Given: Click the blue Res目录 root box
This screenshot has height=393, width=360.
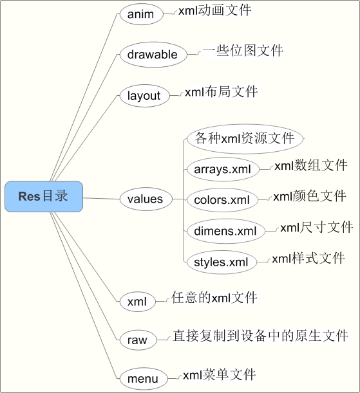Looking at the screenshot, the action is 44,197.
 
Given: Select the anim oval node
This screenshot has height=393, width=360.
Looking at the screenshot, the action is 141,14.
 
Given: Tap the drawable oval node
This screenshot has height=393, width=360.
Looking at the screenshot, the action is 153,55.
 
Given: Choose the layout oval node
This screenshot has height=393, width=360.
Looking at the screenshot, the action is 144,96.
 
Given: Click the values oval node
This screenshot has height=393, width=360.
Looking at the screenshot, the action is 146,199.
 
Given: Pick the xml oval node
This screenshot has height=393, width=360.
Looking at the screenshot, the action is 137,301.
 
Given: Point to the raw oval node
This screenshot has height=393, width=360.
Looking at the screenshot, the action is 138,340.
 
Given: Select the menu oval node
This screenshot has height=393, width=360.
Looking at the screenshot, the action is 143,378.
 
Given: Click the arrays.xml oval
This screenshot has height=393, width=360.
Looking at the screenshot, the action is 223,169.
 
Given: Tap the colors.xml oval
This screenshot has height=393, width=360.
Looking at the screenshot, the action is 222,200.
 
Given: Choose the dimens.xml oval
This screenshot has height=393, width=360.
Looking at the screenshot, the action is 226,231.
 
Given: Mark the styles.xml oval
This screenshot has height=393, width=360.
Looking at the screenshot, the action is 222,262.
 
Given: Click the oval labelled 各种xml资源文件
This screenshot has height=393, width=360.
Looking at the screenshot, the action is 245,138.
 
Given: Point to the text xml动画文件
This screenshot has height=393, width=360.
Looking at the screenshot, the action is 214,11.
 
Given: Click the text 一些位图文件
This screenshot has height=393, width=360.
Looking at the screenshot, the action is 243,51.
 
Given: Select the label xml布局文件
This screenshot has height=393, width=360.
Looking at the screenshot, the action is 222,92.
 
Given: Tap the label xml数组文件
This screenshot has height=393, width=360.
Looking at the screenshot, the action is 311,166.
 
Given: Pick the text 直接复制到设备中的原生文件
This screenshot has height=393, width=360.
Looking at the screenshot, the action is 260,336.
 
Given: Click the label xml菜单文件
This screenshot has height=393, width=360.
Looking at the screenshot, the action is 219,375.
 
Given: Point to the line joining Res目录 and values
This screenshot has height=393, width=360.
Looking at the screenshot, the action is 101,199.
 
